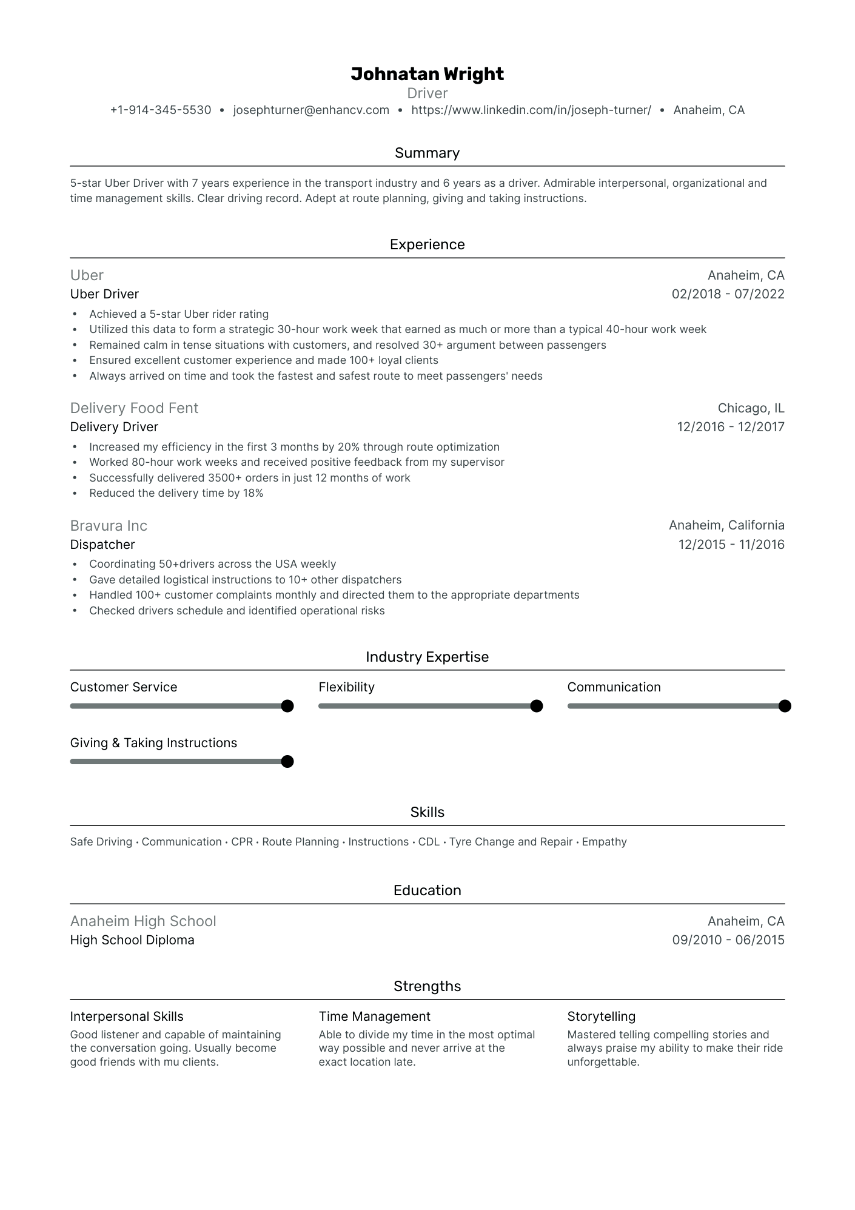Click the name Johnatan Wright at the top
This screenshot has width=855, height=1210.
[x=427, y=74]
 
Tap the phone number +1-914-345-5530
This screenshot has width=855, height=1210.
[x=161, y=110]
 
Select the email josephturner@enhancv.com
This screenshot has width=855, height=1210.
[x=311, y=110]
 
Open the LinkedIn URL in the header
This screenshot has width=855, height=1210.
[x=531, y=110]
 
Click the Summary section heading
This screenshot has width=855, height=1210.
[x=427, y=153]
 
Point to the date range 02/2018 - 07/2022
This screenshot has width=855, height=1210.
[x=728, y=294]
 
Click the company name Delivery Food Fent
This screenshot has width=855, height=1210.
[x=134, y=408]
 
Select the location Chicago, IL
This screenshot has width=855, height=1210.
[x=751, y=408]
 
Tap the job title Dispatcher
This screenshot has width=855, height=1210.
[x=102, y=545]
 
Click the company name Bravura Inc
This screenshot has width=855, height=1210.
[x=109, y=526]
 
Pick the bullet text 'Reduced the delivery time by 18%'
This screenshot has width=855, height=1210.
[x=176, y=493]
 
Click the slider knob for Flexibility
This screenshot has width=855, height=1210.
[x=536, y=706]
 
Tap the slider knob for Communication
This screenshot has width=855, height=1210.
[x=785, y=706]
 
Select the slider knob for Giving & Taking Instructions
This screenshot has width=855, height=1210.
[x=287, y=762]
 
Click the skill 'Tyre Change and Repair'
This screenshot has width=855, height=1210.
[x=511, y=842]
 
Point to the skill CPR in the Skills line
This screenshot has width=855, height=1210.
[x=242, y=842]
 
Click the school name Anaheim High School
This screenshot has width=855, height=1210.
[x=143, y=921]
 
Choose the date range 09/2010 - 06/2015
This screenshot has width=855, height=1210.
[x=728, y=940]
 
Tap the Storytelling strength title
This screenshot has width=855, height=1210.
[x=601, y=1017]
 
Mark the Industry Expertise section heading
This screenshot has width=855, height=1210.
[x=427, y=657]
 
